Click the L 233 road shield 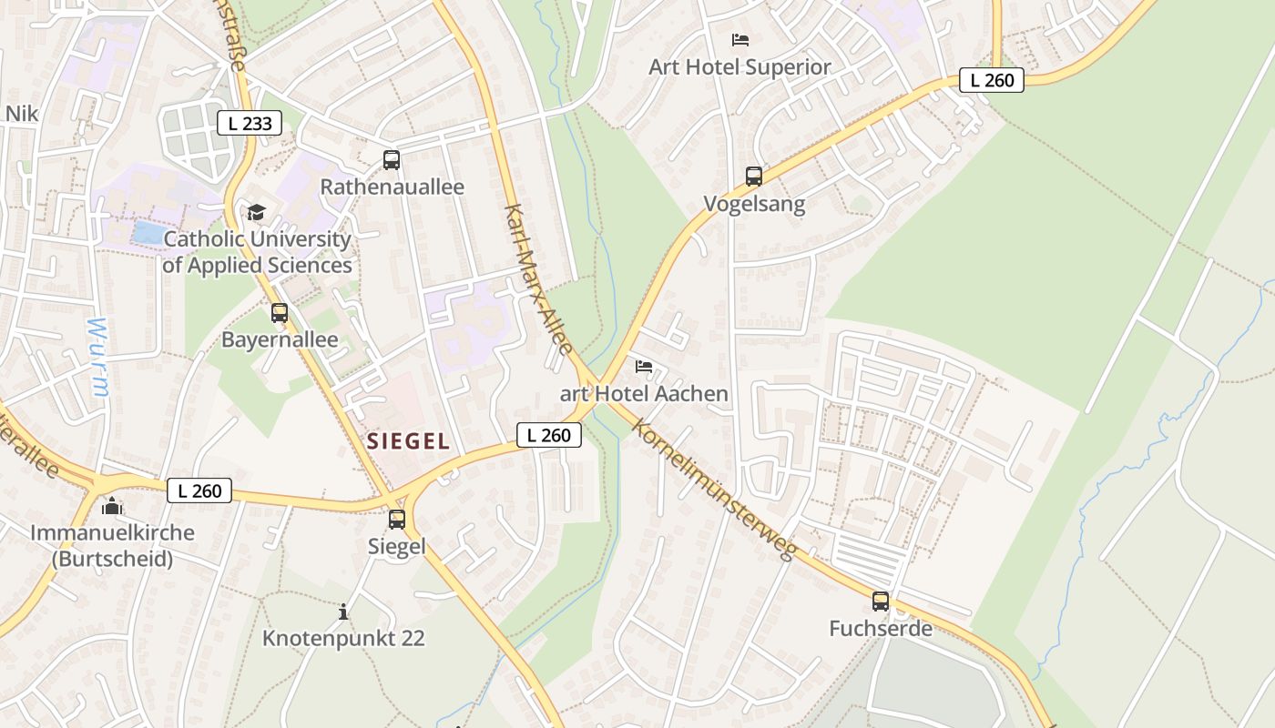pos(250,123)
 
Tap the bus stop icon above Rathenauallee pos(392,160)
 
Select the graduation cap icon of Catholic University pos(257,212)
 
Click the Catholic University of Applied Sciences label pos(257,252)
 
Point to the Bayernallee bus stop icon pos(280,313)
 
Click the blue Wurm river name pos(99,356)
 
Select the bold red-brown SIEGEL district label pos(408,442)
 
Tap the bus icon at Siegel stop pos(397,520)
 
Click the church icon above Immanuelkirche pos(112,506)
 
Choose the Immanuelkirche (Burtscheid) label pos(112,545)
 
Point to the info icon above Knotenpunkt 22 pos(343,612)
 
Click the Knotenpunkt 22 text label pos(343,638)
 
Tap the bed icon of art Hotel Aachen pos(644,367)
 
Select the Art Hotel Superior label pos(739,66)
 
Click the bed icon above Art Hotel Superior pos(740,40)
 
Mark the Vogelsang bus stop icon pos(754,177)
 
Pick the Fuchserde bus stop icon pos(881,602)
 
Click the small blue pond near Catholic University pos(149,232)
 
